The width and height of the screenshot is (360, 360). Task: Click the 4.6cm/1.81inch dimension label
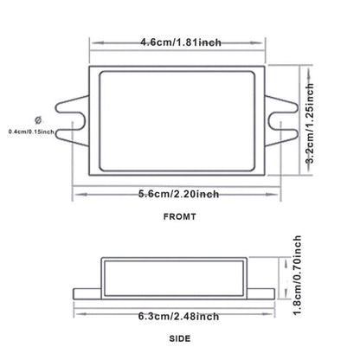pos(181,42)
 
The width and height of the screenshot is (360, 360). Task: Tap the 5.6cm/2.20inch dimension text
pos(178,194)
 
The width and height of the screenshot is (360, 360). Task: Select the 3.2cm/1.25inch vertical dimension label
pos(310,124)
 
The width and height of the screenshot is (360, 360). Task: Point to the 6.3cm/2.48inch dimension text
pos(178,316)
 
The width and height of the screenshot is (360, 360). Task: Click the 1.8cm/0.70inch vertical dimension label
pos(298,275)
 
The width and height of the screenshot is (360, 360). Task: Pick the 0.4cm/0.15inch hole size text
pos(31,132)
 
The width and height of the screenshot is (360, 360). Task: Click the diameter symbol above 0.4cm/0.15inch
pos(38,120)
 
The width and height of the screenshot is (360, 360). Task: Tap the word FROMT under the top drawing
pos(180,216)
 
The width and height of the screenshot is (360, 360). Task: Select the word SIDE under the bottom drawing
pos(180,338)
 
